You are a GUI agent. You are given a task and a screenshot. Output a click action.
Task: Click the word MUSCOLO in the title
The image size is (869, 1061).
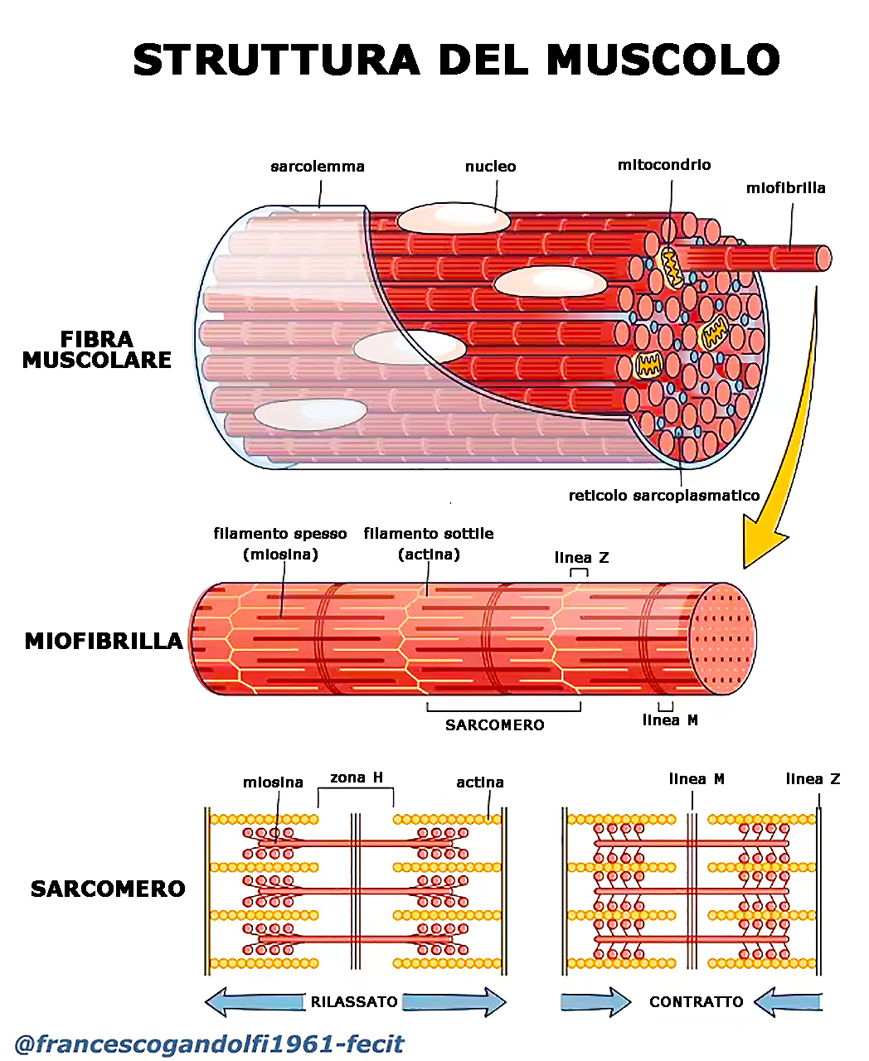click(663, 60)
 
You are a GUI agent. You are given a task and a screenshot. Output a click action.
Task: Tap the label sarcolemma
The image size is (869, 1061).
click(318, 167)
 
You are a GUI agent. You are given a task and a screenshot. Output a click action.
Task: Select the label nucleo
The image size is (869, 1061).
click(490, 167)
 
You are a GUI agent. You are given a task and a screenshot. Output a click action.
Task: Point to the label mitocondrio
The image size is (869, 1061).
click(663, 165)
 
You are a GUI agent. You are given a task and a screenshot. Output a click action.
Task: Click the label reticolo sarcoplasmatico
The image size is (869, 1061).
click(663, 496)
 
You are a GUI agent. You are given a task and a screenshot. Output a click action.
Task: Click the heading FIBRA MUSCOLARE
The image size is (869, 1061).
click(97, 350)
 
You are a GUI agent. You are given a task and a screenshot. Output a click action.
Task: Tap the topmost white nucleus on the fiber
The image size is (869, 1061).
click(453, 219)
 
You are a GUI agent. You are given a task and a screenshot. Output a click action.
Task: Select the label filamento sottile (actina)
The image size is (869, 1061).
click(428, 544)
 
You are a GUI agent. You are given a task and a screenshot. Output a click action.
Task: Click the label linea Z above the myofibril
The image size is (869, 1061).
click(581, 558)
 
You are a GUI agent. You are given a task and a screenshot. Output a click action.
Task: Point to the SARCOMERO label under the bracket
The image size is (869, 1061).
click(494, 725)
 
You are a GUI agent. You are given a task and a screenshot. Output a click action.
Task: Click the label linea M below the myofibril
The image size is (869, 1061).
click(670, 720)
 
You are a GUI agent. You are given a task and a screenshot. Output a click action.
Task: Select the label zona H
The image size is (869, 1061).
click(357, 778)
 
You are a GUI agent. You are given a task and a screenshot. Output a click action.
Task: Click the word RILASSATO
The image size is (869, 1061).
click(354, 1002)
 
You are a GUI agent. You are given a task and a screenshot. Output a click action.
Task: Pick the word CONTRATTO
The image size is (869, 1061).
click(696, 1002)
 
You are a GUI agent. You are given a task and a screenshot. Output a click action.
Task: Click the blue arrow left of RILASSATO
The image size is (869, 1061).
click(253, 1001)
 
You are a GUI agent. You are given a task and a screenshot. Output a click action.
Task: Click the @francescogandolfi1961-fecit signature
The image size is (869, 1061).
click(209, 1044)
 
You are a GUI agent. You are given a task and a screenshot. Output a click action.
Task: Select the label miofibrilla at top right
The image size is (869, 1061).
click(785, 188)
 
